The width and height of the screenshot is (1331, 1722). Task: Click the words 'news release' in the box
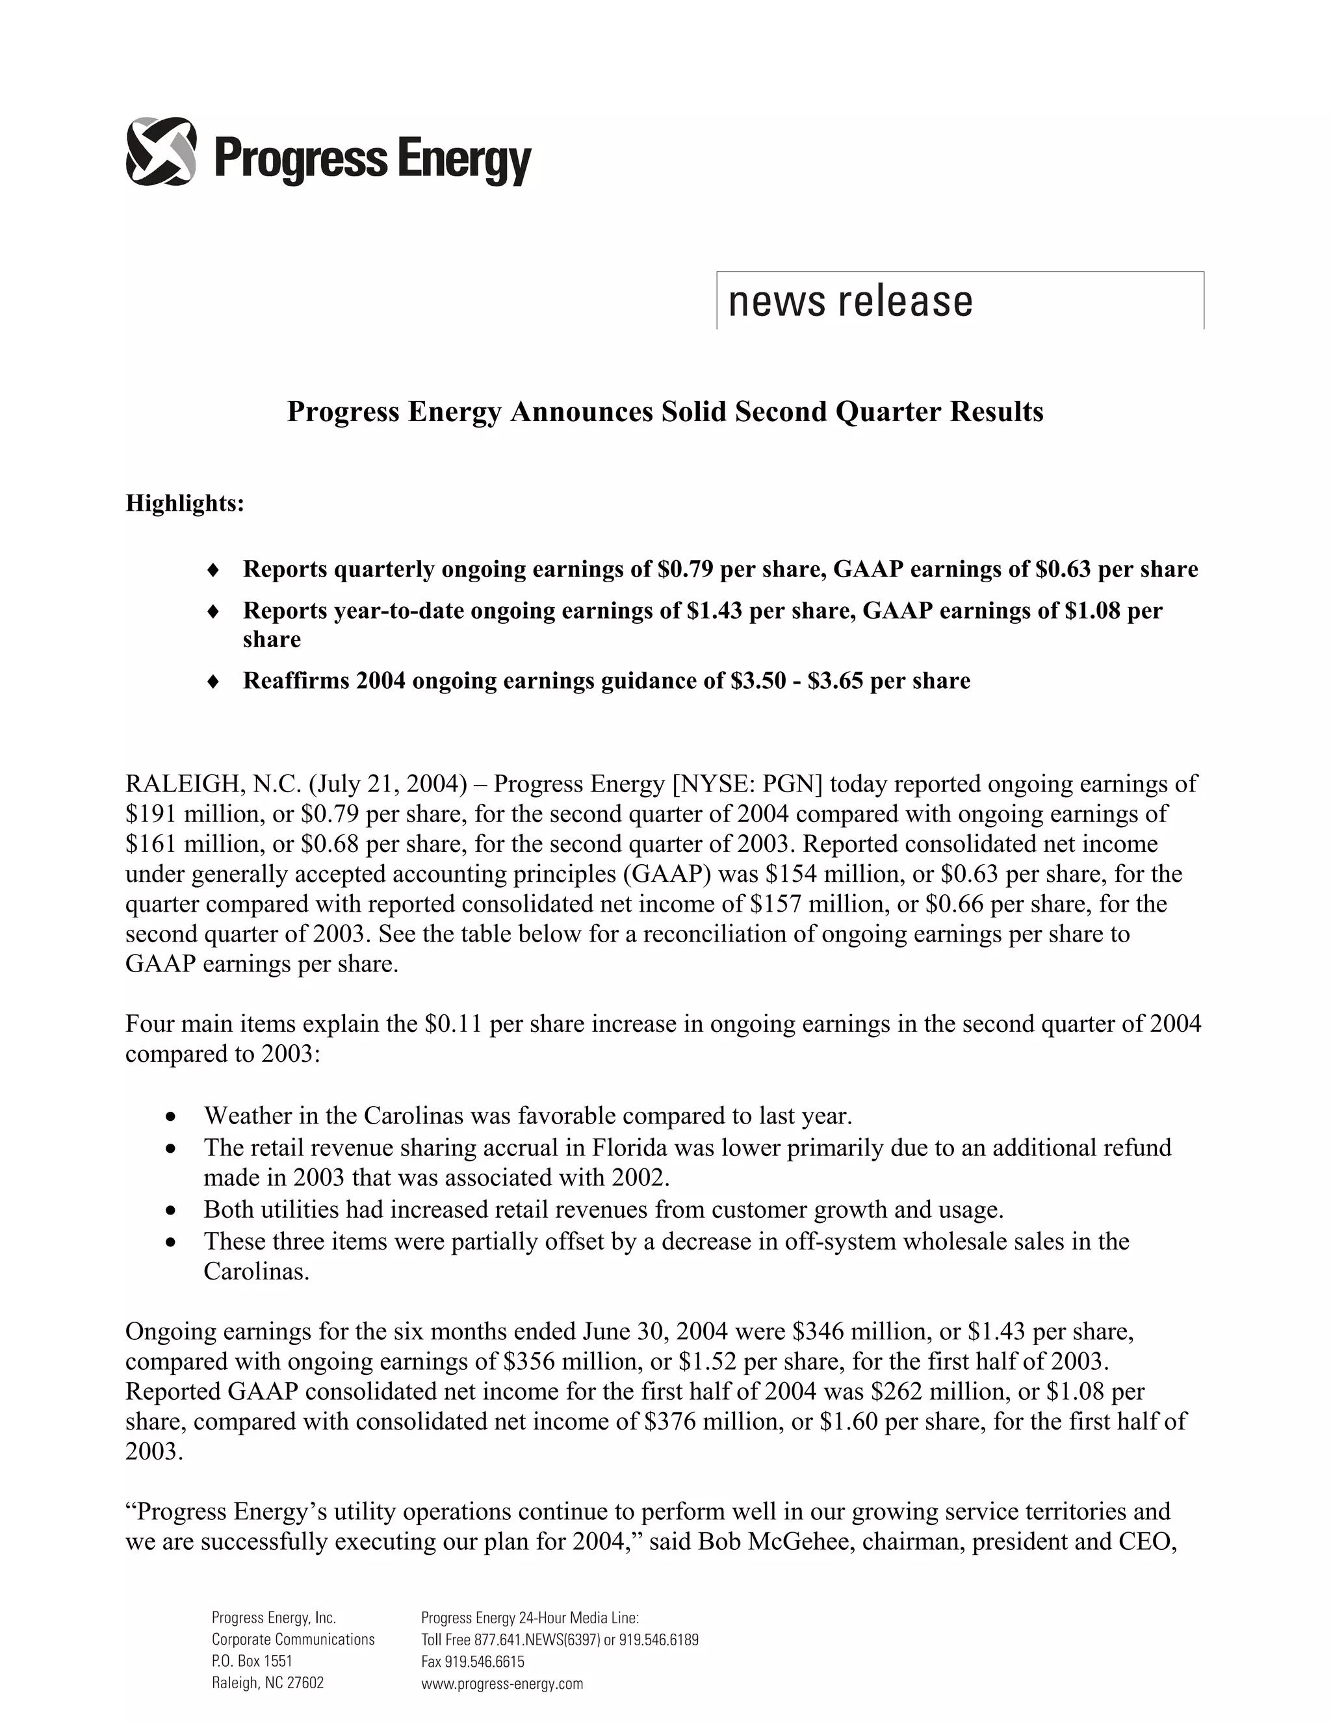click(x=850, y=302)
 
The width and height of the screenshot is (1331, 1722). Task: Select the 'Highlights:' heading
click(x=185, y=503)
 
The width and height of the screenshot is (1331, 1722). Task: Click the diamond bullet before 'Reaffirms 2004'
click(x=211, y=681)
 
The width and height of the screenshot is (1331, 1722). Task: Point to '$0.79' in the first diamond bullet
click(x=686, y=569)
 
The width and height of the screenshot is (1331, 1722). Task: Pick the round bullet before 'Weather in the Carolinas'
click(x=171, y=1117)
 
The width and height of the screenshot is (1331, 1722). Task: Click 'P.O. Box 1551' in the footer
click(x=252, y=1662)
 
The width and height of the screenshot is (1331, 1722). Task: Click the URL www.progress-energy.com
click(x=502, y=1684)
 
